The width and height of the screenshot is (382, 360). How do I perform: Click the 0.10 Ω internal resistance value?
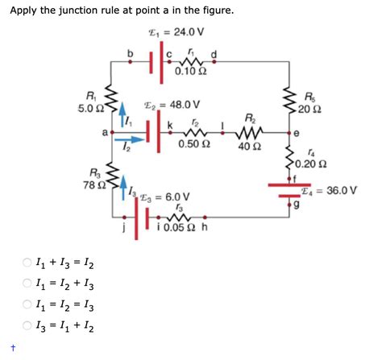pyautogui.click(x=189, y=73)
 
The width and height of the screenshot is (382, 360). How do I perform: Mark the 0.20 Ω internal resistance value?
pyautogui.click(x=313, y=167)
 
